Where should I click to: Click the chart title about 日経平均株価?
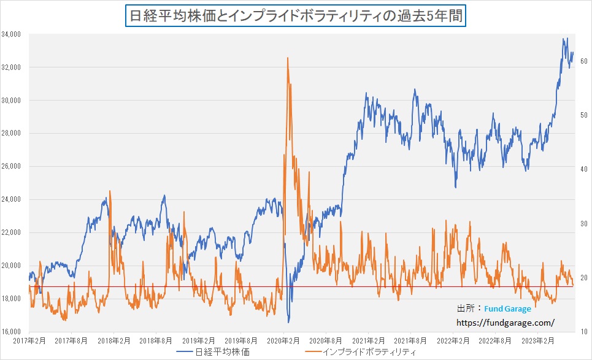[x=296, y=14]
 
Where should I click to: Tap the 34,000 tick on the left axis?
[x=12, y=34]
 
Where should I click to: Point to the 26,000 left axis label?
[x=12, y=166]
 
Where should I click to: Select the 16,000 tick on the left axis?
[x=12, y=332]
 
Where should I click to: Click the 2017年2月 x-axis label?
[x=29, y=339]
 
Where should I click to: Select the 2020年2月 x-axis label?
[x=283, y=339]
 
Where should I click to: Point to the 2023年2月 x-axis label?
[x=537, y=339]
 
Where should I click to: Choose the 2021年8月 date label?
[x=410, y=339]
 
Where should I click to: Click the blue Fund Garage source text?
[x=508, y=309]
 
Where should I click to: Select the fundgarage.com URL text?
[x=506, y=321]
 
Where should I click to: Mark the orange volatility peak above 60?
[x=287, y=58]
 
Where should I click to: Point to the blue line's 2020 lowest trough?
[x=288, y=322]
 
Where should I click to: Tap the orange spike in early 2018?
[x=110, y=191]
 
